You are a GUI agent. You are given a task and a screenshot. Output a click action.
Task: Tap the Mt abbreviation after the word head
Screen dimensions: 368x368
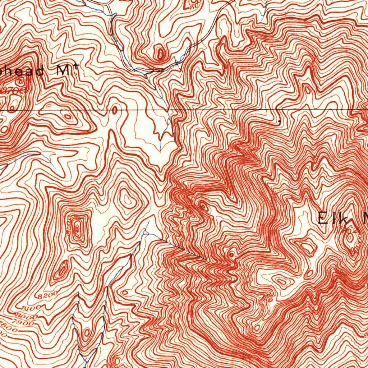(68, 70)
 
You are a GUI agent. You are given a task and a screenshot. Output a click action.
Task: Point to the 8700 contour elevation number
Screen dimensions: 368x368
(13, 91)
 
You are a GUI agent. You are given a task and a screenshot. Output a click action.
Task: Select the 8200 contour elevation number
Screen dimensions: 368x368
(47, 295)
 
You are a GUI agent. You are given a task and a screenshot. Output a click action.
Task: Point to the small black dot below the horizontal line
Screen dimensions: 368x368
(280, 122)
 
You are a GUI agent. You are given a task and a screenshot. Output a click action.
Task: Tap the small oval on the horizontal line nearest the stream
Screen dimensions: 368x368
(115, 110)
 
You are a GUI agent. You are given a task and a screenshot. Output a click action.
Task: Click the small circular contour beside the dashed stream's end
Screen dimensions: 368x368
(231, 254)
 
